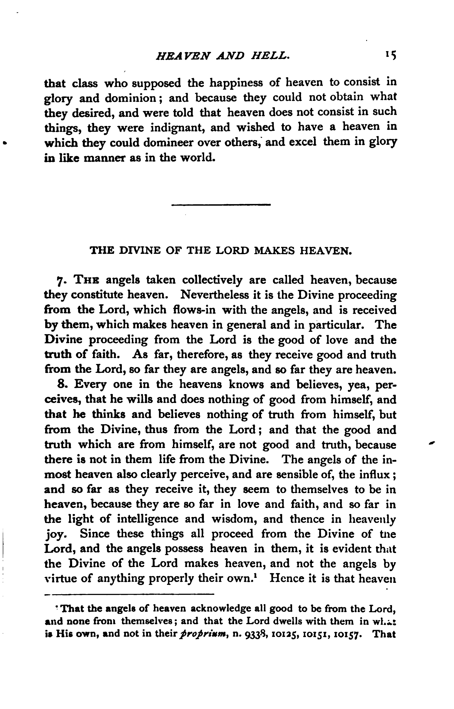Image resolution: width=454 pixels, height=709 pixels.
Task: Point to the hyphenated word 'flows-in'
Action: click(x=195, y=310)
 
